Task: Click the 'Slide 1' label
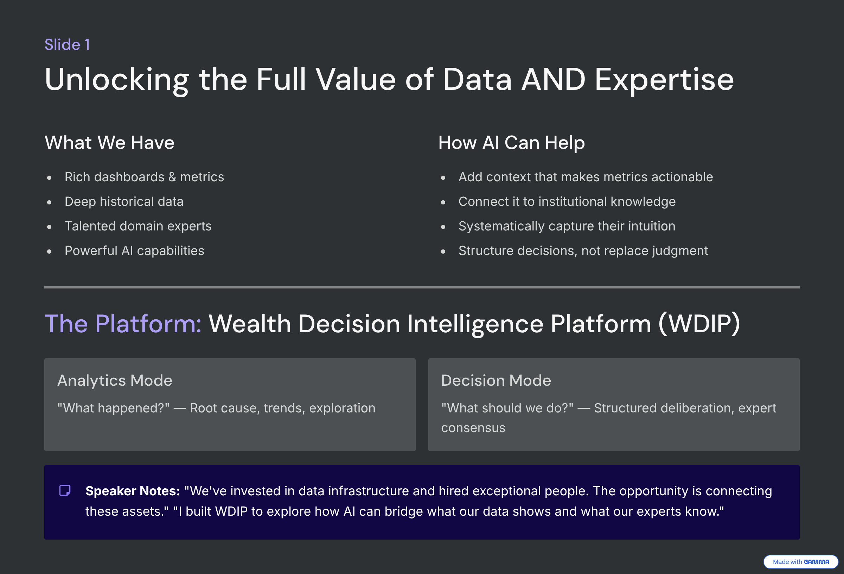click(67, 45)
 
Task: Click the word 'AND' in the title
click(553, 79)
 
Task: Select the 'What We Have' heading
click(109, 143)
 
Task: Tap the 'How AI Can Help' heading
click(511, 143)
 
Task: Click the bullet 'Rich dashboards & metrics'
click(144, 177)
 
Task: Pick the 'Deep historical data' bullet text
click(124, 202)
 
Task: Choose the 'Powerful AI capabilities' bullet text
click(134, 251)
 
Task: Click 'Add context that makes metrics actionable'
click(586, 177)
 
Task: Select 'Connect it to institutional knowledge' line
click(567, 202)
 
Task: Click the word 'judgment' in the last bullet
click(680, 251)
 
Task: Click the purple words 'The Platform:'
click(123, 324)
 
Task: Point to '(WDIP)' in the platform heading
click(699, 324)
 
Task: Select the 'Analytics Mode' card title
click(115, 380)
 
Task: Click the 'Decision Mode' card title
click(496, 380)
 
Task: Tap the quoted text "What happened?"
click(113, 408)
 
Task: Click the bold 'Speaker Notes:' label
click(133, 491)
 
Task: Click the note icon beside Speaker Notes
click(65, 490)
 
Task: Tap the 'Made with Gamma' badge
click(801, 562)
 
